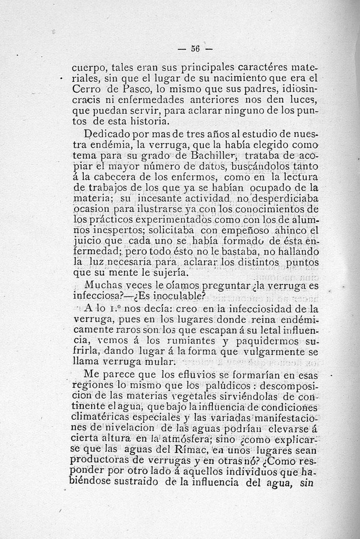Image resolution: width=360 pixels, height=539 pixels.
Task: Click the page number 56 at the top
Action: (195, 48)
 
